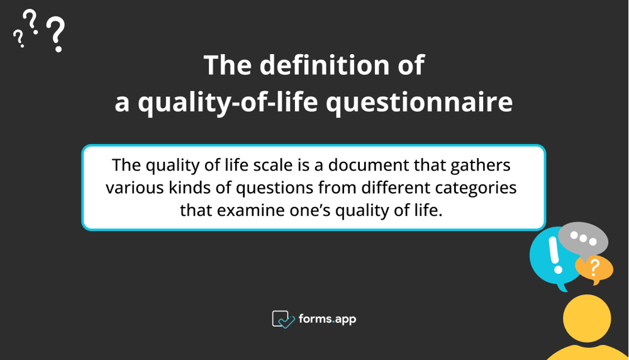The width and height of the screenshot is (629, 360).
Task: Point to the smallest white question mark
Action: click(19, 39)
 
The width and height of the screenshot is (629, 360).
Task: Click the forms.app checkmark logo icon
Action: click(283, 319)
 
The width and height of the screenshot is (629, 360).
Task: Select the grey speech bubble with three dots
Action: click(583, 239)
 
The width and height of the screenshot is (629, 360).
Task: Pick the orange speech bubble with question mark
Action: click(595, 269)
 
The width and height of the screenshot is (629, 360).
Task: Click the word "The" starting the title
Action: click(226, 66)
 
